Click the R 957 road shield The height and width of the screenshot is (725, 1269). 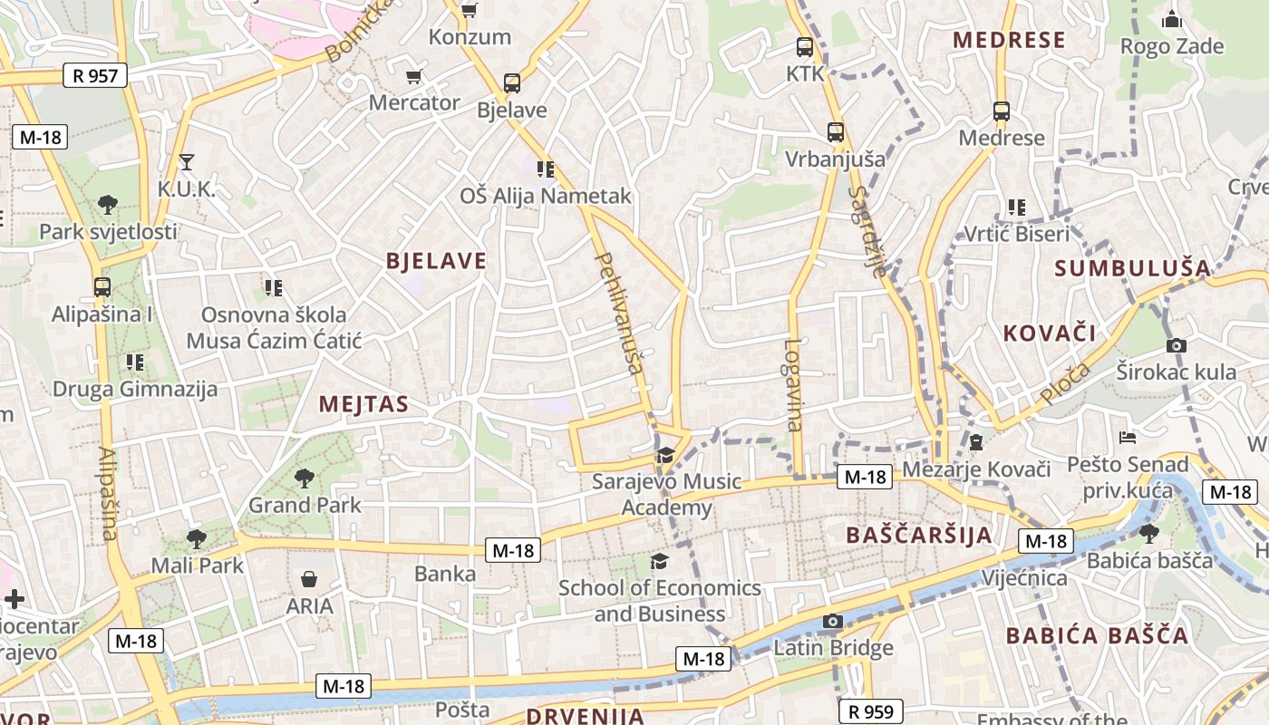point(94,75)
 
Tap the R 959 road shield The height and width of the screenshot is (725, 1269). point(871,712)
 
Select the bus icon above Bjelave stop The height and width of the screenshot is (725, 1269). point(512,83)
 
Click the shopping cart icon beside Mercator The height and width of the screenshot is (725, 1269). point(414,76)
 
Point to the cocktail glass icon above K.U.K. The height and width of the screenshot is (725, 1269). point(187,162)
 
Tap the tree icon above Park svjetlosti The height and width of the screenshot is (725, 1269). point(108,204)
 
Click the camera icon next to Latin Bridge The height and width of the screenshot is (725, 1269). point(832,621)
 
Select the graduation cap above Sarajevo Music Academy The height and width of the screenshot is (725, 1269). point(666,454)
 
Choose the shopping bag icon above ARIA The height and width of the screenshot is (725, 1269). point(309,578)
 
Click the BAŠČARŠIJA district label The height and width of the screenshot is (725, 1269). point(919,535)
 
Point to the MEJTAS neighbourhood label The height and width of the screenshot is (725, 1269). point(363,404)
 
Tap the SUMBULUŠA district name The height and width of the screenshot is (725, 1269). point(1133,268)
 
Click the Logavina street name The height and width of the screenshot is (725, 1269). point(794,384)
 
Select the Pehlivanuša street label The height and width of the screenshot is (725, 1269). point(620,313)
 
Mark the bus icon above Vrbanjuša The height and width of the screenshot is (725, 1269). point(835,132)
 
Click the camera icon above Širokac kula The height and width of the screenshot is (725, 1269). point(1177,345)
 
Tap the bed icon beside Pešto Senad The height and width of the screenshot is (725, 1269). point(1128,438)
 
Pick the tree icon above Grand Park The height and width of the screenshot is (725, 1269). point(304,478)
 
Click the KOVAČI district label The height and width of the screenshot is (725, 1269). point(1050,333)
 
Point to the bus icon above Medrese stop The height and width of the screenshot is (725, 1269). point(1002,111)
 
